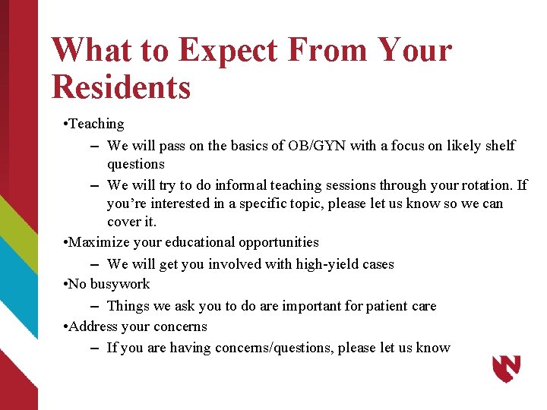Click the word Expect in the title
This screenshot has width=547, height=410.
click(227, 52)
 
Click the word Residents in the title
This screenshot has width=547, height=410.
click(121, 87)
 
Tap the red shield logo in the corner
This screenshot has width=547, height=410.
click(506, 369)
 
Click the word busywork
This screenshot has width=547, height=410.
click(119, 284)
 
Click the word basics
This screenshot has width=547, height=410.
click(247, 145)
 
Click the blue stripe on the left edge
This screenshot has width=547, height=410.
click(17, 289)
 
